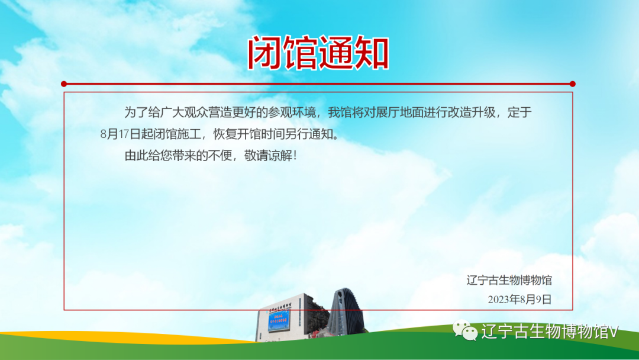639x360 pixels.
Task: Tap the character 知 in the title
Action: (x=371, y=54)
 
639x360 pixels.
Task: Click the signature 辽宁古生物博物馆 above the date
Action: (x=509, y=280)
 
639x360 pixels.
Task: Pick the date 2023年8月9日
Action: (x=519, y=300)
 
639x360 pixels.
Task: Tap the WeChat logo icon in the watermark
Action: (x=465, y=331)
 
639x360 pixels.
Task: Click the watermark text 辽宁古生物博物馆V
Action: (x=549, y=332)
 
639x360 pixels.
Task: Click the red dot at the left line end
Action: (x=64, y=84)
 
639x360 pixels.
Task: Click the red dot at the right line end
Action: (x=572, y=84)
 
